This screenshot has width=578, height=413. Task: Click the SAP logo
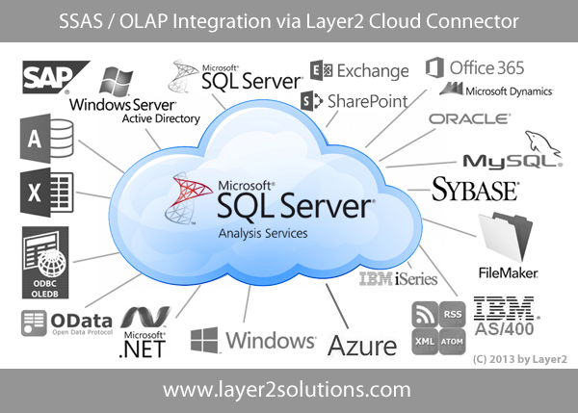point(55,77)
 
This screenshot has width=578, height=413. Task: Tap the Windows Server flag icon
point(116,82)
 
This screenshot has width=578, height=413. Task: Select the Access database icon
point(47,139)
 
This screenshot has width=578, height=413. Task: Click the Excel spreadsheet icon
point(47,193)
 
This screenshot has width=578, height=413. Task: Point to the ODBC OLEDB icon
point(45,262)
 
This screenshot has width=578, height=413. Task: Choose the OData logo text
point(82,322)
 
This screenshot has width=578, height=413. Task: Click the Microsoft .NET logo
point(144,331)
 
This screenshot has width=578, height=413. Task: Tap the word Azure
point(362,346)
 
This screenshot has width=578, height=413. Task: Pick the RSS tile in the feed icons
point(453,314)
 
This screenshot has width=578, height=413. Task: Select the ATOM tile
point(453,342)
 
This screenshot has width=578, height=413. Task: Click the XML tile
point(425,342)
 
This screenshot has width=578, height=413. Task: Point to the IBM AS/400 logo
point(506,316)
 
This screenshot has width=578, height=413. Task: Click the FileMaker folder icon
point(506,236)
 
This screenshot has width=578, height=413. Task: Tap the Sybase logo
point(475,190)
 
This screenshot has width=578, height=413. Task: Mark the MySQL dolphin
point(543,144)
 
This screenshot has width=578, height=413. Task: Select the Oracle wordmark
point(470,119)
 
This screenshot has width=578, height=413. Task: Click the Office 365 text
point(486,67)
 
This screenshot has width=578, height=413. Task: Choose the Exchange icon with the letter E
point(322,70)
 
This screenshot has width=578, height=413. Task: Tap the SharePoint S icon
point(311,100)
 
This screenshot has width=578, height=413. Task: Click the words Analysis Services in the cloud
point(263,234)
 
